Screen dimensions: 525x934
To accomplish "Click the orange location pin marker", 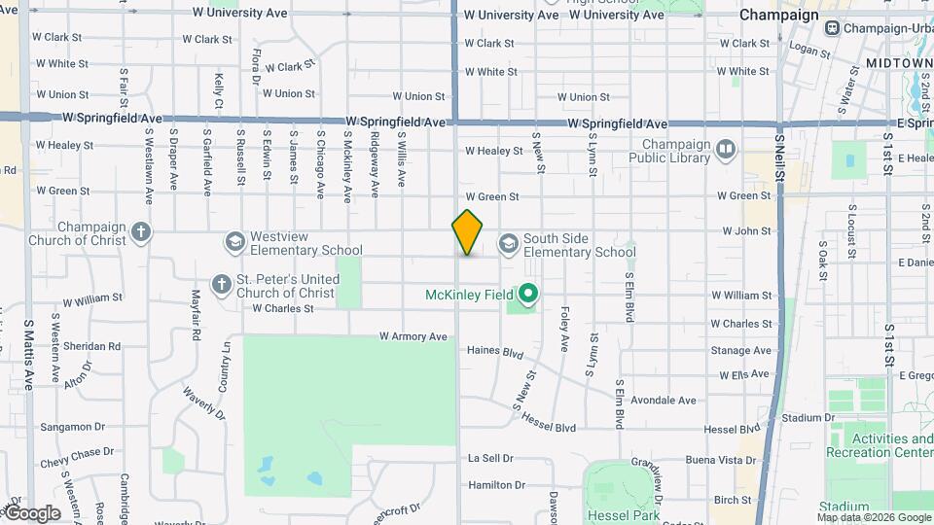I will pyautogui.click(x=467, y=232).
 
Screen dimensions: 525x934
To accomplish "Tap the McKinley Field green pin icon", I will pyautogui.click(x=529, y=293).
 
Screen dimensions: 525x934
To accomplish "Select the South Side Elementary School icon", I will pyautogui.click(x=508, y=243).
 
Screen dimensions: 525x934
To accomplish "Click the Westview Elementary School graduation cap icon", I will pyautogui.click(x=234, y=240).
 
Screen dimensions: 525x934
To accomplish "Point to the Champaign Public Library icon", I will pyautogui.click(x=726, y=149).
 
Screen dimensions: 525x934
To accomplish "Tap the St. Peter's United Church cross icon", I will pyautogui.click(x=222, y=284).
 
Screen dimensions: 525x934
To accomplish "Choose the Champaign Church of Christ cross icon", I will pyautogui.click(x=142, y=231).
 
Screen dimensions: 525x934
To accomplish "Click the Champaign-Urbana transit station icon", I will pyautogui.click(x=832, y=28).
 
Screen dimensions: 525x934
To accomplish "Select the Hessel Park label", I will pyautogui.click(x=627, y=515).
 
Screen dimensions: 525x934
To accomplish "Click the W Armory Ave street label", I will pyautogui.click(x=413, y=337).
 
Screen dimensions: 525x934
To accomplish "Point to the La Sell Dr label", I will pyautogui.click(x=490, y=458).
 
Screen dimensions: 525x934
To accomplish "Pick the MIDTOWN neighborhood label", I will pyautogui.click(x=898, y=63).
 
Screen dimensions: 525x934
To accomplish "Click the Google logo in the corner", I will pyautogui.click(x=33, y=513).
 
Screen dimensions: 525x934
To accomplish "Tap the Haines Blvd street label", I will pyautogui.click(x=495, y=350).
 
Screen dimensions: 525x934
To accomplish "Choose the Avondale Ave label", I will pyautogui.click(x=664, y=400).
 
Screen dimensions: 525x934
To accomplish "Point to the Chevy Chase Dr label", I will pyautogui.click(x=78, y=453).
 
